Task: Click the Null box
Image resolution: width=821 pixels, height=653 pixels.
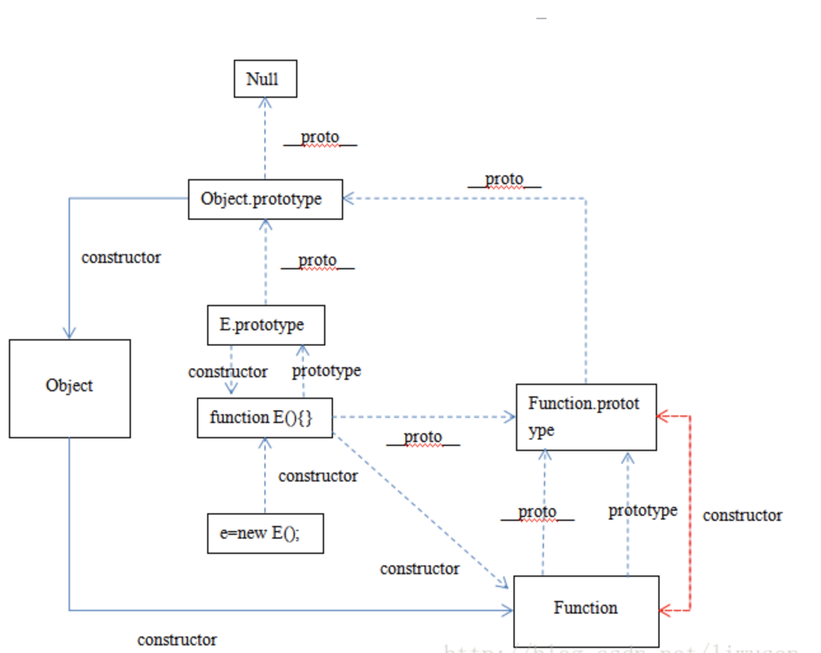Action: point(265,79)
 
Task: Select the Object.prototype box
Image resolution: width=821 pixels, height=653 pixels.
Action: point(265,199)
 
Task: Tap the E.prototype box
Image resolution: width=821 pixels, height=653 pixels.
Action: point(266,325)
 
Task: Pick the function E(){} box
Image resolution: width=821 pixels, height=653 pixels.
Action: point(264,418)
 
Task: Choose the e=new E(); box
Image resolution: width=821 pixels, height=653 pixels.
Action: point(265,534)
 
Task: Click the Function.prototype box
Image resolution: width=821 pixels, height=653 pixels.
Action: point(586,417)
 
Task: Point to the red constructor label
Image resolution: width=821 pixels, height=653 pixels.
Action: point(742,515)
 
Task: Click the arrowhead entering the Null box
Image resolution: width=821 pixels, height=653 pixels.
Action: point(265,102)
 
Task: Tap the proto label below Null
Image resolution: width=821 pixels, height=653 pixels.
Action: point(320,137)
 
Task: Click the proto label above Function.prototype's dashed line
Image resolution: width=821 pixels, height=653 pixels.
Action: point(504,179)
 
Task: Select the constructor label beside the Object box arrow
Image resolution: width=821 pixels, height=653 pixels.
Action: point(121,257)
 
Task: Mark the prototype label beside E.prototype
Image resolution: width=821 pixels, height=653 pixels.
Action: point(326,370)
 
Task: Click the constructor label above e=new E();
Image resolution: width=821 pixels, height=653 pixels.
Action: point(318,476)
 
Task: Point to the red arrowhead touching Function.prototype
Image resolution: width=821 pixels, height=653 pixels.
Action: point(662,417)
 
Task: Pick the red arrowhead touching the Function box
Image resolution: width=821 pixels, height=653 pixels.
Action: point(665,610)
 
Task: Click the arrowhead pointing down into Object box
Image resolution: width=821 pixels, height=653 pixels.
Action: point(69,332)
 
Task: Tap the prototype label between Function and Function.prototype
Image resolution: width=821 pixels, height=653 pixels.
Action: point(642,510)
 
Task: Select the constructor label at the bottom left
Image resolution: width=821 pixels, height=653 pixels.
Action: point(177,640)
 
